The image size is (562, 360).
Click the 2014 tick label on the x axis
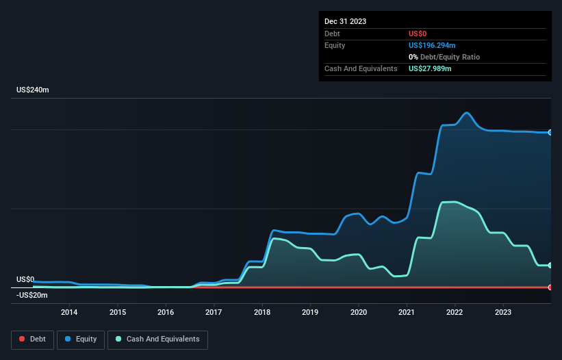pyautogui.click(x=69, y=313)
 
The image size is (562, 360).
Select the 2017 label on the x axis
pyautogui.click(x=214, y=313)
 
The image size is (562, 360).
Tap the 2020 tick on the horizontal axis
pyautogui.click(x=358, y=313)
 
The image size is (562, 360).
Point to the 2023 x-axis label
pyautogui.click(x=502, y=313)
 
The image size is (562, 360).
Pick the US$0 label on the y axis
pyautogui.click(x=25, y=279)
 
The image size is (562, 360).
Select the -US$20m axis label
pyautogui.click(x=32, y=295)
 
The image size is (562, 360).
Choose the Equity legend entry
pyautogui.click(x=81, y=339)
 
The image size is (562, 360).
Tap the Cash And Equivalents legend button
pyautogui.click(x=157, y=339)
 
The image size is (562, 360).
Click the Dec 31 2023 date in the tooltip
pyautogui.click(x=345, y=21)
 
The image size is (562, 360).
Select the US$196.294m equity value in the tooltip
pyautogui.click(x=432, y=45)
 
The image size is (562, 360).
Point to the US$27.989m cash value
pyautogui.click(x=430, y=68)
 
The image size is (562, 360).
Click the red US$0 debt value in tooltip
pyautogui.click(x=418, y=34)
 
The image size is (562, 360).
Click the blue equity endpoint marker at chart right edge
pyautogui.click(x=550, y=132)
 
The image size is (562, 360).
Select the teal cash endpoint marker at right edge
pyautogui.click(x=550, y=266)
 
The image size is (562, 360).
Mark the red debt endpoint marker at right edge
pyautogui.click(x=550, y=287)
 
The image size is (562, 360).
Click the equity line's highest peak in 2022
pyautogui.click(x=467, y=113)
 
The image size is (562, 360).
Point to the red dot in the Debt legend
pyautogui.click(x=23, y=339)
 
